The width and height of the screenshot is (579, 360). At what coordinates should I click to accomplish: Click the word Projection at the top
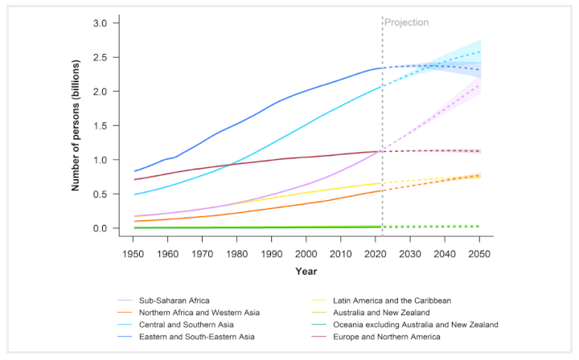click(406, 22)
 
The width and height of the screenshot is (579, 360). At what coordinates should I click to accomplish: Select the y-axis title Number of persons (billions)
click(76, 125)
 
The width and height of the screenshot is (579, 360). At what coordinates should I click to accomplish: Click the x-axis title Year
click(306, 272)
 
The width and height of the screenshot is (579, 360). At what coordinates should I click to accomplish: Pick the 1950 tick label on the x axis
click(133, 253)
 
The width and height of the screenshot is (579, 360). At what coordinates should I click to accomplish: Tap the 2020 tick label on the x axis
click(376, 253)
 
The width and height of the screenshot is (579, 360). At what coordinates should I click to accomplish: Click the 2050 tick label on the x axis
click(479, 253)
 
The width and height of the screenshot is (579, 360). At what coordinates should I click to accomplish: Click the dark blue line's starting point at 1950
click(133, 171)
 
